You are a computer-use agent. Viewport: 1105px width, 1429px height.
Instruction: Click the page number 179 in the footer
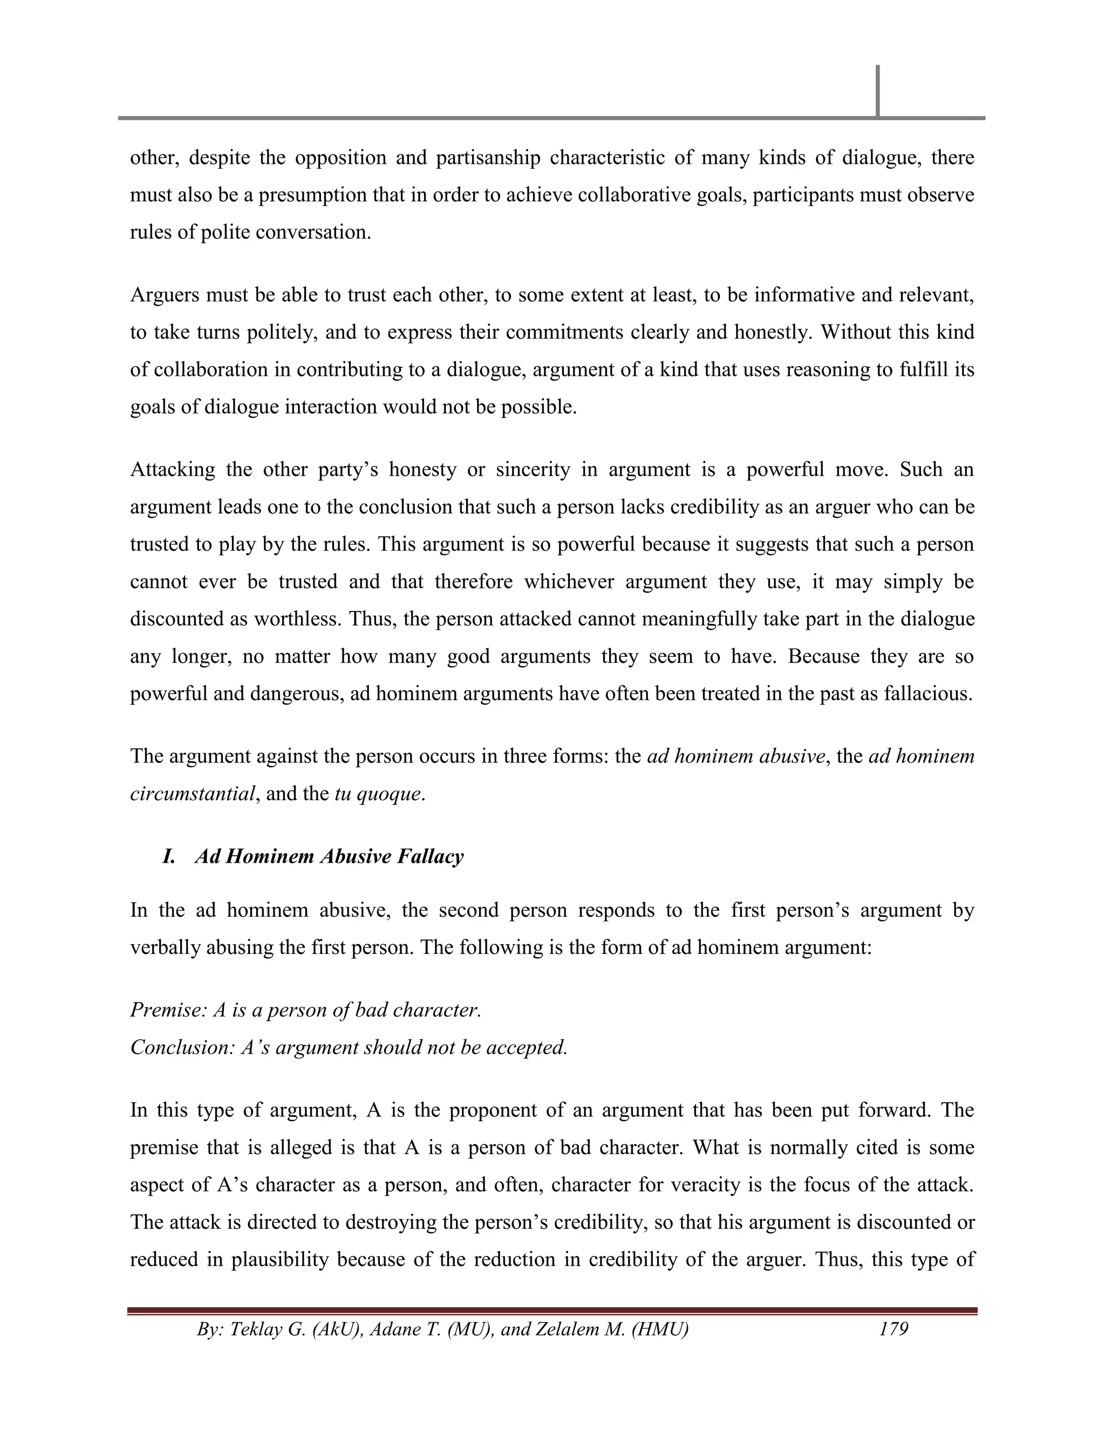[x=893, y=1329]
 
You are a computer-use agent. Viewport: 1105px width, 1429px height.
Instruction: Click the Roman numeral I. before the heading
[x=169, y=856]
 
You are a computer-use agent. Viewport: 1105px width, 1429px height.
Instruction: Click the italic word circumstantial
[x=192, y=794]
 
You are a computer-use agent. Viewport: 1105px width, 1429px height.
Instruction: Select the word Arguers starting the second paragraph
[x=165, y=295]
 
